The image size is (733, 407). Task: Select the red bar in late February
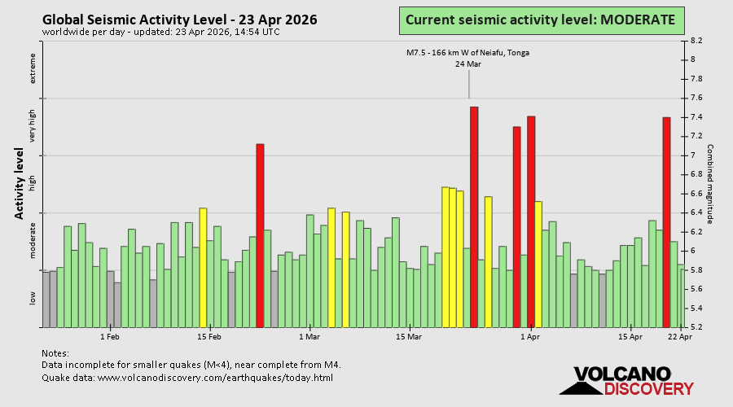[x=261, y=235]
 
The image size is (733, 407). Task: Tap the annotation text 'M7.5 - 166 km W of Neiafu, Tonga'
[x=467, y=53]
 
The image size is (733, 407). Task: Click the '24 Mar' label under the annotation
[x=467, y=64]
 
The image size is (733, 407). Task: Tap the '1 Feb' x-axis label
[x=110, y=336]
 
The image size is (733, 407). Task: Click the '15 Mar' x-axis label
[x=409, y=336]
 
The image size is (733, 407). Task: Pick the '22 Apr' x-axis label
[x=680, y=336]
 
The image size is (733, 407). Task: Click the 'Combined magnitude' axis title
[x=710, y=184]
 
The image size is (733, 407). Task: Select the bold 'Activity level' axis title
[x=19, y=183]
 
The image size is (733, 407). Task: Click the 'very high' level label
[x=33, y=126]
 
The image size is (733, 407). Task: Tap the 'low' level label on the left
[x=33, y=299]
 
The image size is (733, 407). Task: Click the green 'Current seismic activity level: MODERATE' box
[x=540, y=20]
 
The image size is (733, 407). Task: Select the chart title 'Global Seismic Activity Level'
[x=180, y=20]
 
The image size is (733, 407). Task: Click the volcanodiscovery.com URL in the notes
[x=187, y=378]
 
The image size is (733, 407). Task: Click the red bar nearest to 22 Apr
[x=666, y=222]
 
